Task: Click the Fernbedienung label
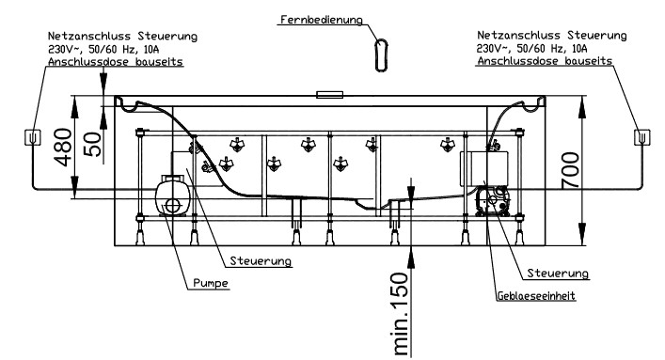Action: pyautogui.click(x=322, y=20)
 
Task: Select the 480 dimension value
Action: pyautogui.click(x=63, y=147)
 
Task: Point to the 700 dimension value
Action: pyautogui.click(x=570, y=170)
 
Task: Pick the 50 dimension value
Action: pyautogui.click(x=93, y=144)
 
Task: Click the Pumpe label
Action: pyautogui.click(x=211, y=283)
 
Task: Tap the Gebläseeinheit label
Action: pyautogui.click(x=536, y=295)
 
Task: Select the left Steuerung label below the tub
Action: pyautogui.click(x=261, y=260)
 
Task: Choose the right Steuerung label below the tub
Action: pyautogui.click(x=558, y=274)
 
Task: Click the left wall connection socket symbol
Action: pyautogui.click(x=33, y=137)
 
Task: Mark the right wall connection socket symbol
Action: pyautogui.click(x=642, y=137)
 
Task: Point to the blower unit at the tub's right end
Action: pyautogui.click(x=492, y=201)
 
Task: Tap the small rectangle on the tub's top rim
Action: pyautogui.click(x=329, y=94)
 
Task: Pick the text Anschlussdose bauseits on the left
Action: pyautogui.click(x=116, y=61)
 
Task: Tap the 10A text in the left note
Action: pyautogui.click(x=151, y=49)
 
